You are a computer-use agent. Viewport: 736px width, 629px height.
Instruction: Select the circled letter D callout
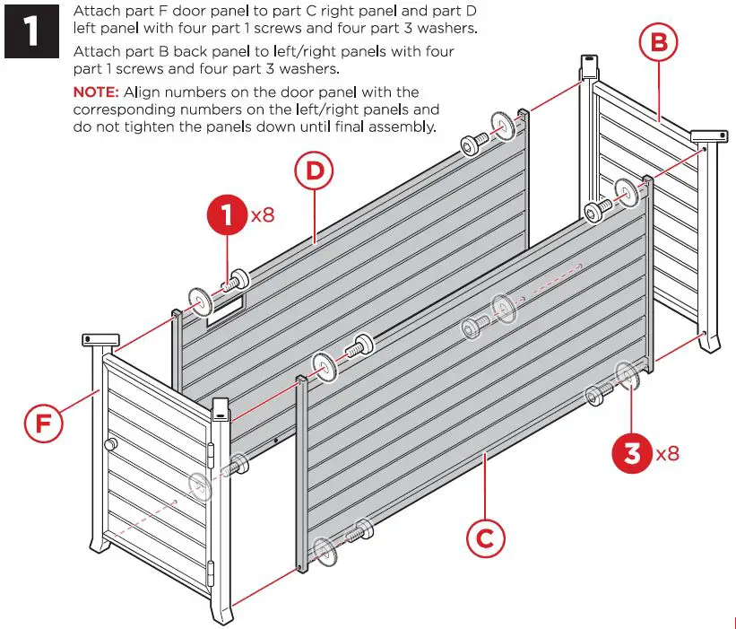point(314,171)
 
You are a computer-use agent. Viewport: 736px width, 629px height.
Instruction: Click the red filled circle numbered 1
point(227,215)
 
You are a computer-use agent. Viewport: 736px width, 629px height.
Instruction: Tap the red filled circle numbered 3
point(632,452)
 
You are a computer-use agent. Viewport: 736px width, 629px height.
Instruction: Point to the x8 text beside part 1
point(263,216)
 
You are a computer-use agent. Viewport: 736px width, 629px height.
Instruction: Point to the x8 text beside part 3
point(667,453)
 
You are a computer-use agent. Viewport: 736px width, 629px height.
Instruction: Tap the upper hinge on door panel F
point(212,457)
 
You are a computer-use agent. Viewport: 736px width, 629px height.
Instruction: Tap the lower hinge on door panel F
point(212,568)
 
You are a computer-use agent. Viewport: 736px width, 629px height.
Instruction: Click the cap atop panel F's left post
point(100,339)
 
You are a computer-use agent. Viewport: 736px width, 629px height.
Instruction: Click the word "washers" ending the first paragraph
point(443,29)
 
